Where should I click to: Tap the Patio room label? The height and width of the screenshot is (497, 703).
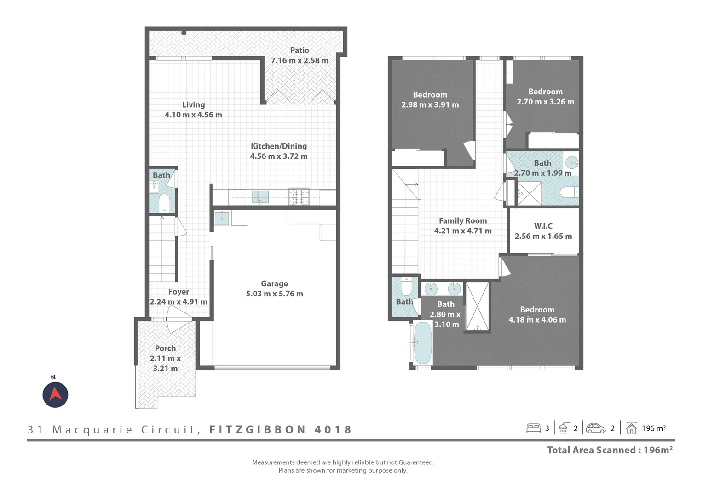coord(300,50)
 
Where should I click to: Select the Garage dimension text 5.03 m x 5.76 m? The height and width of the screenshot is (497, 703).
coord(274,294)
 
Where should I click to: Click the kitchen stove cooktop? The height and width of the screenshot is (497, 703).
coord(299,196)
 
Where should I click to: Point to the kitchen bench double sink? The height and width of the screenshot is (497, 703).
coord(260,196)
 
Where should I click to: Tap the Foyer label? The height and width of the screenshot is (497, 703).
coord(179,291)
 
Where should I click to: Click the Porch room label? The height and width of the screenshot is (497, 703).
coord(165,348)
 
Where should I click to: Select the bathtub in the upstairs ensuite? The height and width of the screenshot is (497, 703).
coord(422,342)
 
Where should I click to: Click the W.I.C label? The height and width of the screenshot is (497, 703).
coord(543,226)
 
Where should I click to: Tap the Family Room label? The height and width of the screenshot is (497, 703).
coord(462,220)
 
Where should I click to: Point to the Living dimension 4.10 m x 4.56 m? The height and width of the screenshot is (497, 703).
coord(193,115)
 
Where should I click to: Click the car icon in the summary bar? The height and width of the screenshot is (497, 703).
coord(596,428)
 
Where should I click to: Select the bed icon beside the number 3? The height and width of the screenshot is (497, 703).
coord(533,428)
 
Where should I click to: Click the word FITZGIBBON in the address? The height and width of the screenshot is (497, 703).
coord(258,429)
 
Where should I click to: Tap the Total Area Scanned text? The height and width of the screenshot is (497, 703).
coord(610,450)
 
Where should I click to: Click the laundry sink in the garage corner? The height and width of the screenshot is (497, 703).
coord(222,218)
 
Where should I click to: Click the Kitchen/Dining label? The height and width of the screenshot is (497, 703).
coord(279,146)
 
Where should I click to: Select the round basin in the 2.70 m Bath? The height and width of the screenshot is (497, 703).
coord(571,162)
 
